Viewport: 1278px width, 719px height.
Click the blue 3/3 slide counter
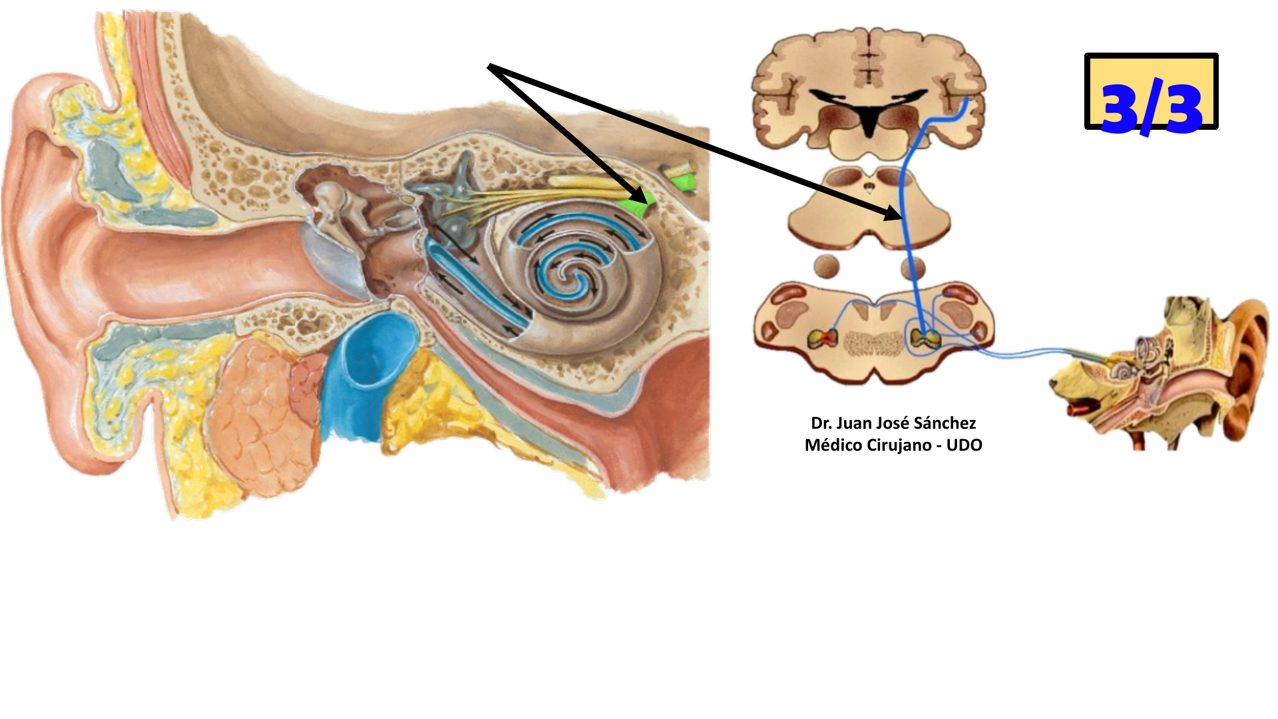[1151, 107]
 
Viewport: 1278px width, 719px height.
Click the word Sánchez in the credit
[945, 423]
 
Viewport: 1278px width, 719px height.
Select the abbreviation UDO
[964, 445]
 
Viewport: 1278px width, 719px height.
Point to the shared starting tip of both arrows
[491, 66]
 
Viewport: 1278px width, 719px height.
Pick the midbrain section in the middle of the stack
[869, 206]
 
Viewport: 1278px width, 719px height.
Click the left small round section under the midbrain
[827, 267]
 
